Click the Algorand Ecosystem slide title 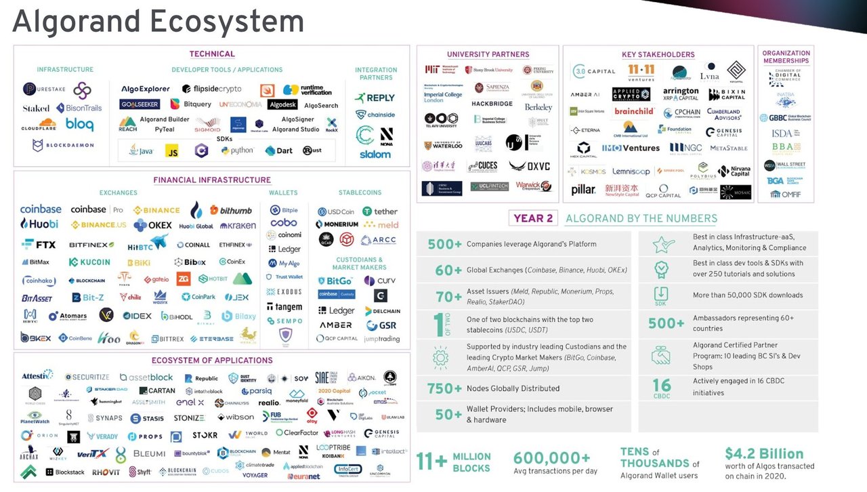point(158,22)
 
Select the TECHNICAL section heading point(211,54)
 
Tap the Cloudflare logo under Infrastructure point(39,127)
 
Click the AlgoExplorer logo point(145,89)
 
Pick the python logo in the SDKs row point(237,150)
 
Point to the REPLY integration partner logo point(375,98)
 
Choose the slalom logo point(375,154)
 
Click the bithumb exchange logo point(231,210)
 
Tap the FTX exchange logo point(39,244)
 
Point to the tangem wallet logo point(284,307)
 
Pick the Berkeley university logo point(538,107)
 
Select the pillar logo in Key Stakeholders point(583,190)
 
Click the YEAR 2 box point(534,218)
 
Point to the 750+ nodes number point(444,388)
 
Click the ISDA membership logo point(782,133)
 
